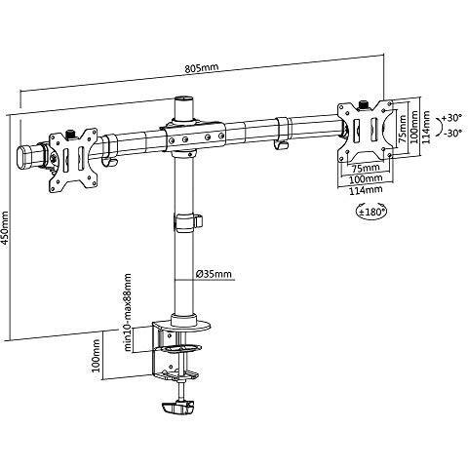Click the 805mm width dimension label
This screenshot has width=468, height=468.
pyautogui.click(x=202, y=68)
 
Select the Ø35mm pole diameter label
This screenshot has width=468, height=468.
pyautogui.click(x=214, y=274)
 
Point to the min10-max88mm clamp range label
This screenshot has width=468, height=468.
pyautogui.click(x=128, y=313)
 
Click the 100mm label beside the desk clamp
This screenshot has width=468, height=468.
pyautogui.click(x=97, y=355)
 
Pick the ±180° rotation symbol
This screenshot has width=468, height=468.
pyautogui.click(x=371, y=213)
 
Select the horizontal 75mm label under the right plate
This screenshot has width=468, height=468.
pyautogui.click(x=367, y=168)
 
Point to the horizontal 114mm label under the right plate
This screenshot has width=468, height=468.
pyautogui.click(x=366, y=190)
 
